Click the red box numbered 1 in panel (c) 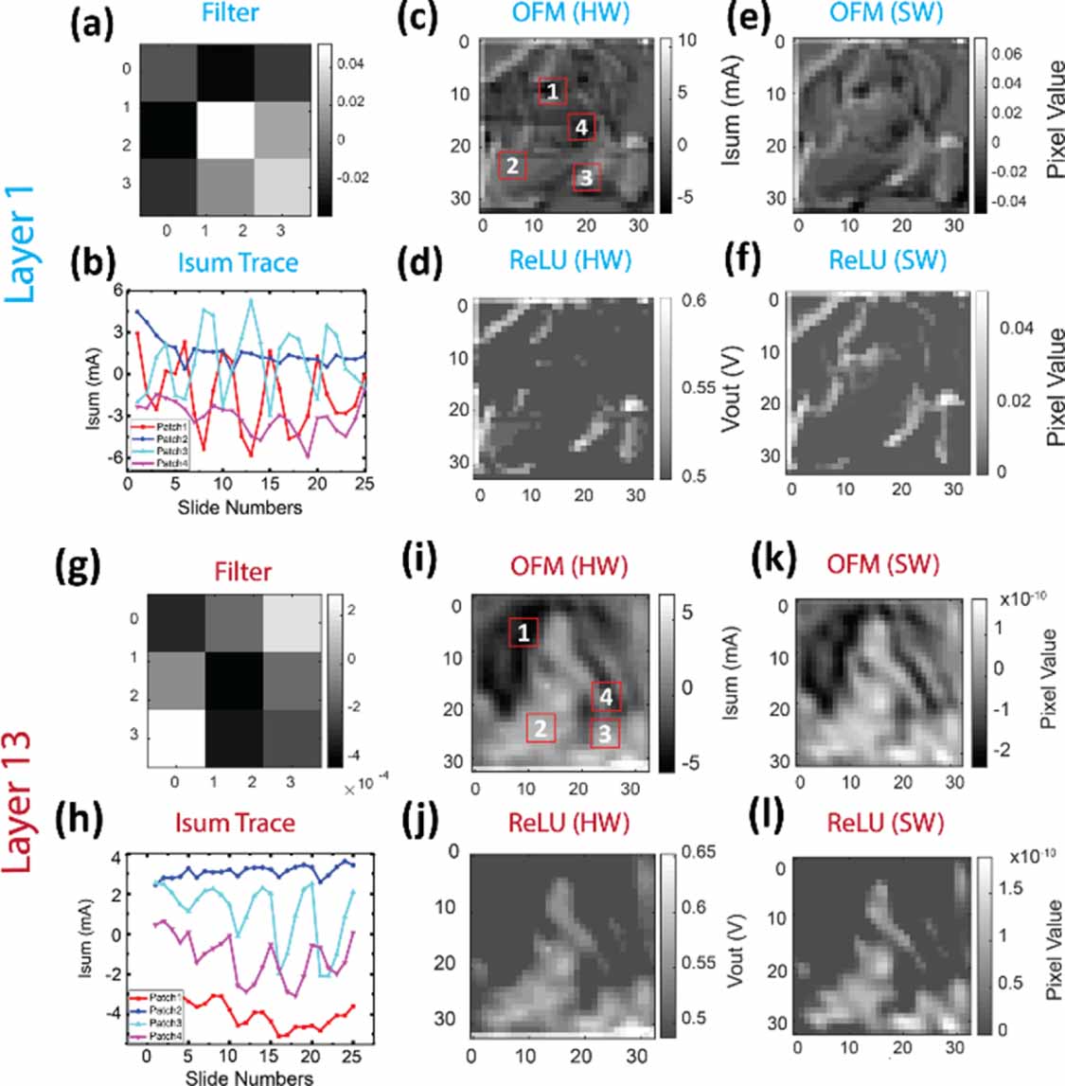point(552,91)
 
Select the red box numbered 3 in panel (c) point(586,176)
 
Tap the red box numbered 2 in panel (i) point(540,728)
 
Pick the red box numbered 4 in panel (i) point(606,696)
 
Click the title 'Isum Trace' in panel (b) point(238,262)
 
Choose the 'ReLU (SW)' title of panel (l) point(886,823)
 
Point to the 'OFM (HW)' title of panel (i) point(569,566)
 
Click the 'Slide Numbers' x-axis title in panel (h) point(249,1077)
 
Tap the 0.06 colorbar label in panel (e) point(1006,54)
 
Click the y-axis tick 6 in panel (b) point(118,290)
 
